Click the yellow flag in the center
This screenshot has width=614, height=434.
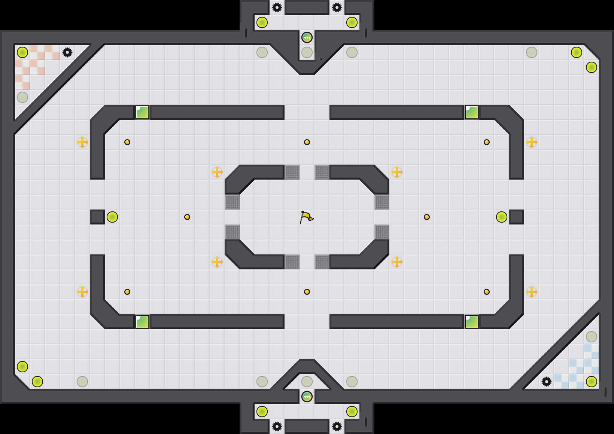point(306,217)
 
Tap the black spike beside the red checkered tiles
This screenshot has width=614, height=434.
point(67,52)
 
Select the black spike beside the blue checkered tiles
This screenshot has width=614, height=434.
point(547,382)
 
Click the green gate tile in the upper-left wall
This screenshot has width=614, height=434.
point(142,112)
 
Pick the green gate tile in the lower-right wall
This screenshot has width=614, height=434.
point(472,322)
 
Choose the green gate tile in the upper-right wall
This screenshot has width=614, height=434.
point(472,112)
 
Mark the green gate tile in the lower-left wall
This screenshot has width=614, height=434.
point(142,322)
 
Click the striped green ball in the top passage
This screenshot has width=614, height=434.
point(307,37)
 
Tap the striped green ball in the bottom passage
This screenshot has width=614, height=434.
point(307,397)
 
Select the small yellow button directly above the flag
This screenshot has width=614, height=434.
point(307,142)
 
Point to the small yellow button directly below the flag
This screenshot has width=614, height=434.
point(307,292)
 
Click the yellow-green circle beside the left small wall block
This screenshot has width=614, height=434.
point(112,217)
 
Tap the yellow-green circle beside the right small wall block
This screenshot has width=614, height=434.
point(502,217)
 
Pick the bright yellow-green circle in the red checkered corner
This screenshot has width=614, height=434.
point(22,52)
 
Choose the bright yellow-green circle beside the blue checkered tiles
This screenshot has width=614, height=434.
point(592,382)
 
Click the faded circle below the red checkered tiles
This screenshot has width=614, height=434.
point(22,97)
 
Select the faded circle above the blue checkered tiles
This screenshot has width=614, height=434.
point(592,337)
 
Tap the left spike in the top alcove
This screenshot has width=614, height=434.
point(277,7)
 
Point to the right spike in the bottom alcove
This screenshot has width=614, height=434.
point(337,427)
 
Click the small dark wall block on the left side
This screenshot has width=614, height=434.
point(97,217)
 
